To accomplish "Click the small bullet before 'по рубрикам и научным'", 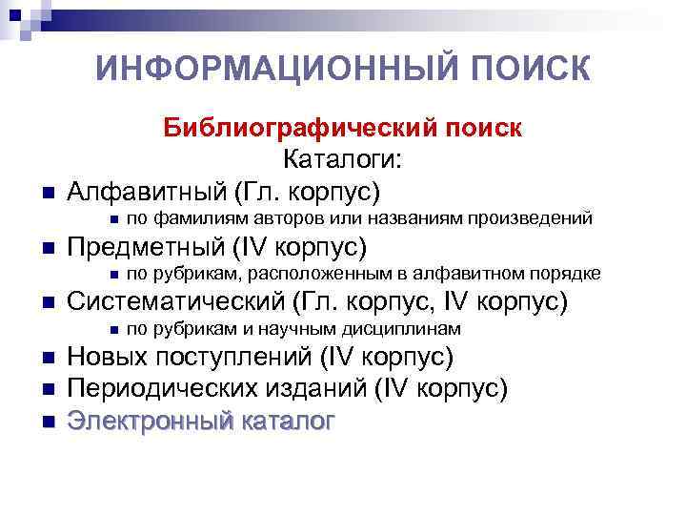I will pos(111,330).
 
